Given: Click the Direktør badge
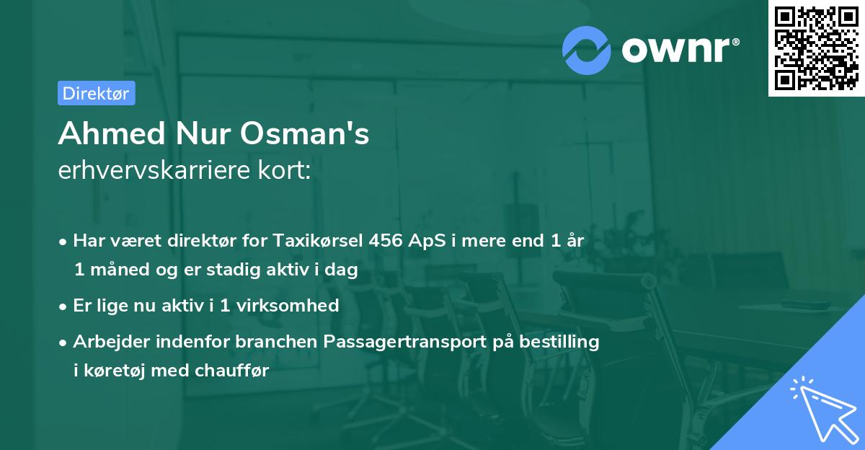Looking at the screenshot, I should pos(96,93).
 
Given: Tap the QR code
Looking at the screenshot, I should pos(816,48).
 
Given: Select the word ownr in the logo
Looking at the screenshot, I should pos(678,49).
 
